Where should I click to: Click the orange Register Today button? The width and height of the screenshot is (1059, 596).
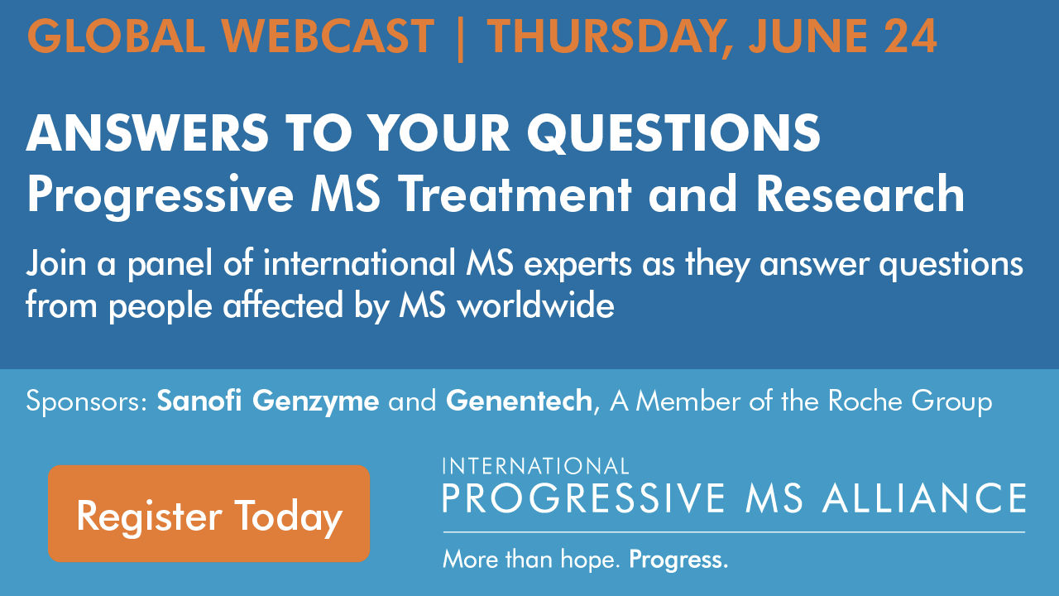pos(209,514)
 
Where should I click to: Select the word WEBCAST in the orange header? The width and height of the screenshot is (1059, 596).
pos(328,36)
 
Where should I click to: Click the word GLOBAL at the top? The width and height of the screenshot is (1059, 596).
pos(117,36)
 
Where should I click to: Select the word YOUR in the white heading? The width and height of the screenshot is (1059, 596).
pos(439,132)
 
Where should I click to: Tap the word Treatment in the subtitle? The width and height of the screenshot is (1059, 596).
pos(516,195)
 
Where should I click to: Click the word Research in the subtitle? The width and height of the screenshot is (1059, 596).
pos(860,195)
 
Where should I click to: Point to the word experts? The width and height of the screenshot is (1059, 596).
pos(577,266)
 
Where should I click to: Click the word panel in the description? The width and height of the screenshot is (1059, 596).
pos(170,266)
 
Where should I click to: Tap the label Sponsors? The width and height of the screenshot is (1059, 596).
pos(88,401)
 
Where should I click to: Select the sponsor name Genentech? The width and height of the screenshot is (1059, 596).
pos(519,401)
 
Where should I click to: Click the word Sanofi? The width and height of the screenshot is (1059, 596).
pos(199,401)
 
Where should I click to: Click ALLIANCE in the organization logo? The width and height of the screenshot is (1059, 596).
pos(924,498)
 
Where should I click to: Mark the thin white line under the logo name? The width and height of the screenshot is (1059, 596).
pos(734,532)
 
